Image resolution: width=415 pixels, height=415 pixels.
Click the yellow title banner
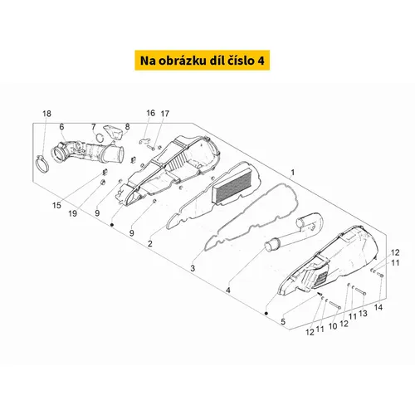click(x=202, y=61)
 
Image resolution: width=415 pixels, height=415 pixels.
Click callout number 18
click(x=46, y=114)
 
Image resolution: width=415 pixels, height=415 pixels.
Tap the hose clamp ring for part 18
click(x=41, y=164)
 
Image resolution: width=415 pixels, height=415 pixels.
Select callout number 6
click(x=61, y=127)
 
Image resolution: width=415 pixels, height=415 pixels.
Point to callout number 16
click(x=150, y=113)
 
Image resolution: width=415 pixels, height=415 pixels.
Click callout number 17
click(x=165, y=114)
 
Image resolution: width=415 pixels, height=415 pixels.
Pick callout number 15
click(x=56, y=205)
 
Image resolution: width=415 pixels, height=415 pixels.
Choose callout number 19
click(x=72, y=213)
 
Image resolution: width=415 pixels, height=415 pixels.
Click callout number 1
click(x=293, y=173)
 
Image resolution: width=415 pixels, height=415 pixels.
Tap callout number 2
click(x=150, y=243)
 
